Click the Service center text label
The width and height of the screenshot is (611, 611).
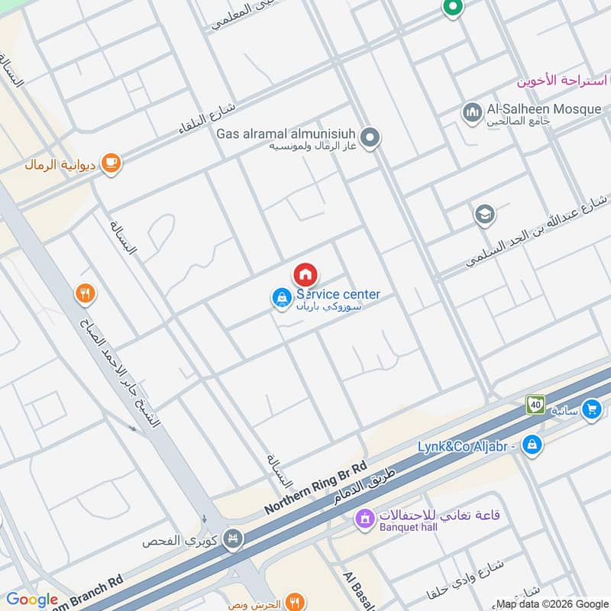tap(338, 294)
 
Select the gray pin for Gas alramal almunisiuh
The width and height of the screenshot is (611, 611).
tap(370, 138)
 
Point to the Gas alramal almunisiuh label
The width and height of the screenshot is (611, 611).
tap(287, 133)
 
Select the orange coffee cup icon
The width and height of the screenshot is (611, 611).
tap(112, 163)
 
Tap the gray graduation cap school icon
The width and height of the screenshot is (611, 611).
tap(484, 215)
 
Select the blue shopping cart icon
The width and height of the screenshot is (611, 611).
tap(590, 410)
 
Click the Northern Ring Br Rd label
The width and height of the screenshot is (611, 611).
tap(316, 487)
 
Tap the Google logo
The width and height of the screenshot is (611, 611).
tap(32, 600)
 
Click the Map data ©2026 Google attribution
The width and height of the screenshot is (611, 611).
tap(552, 603)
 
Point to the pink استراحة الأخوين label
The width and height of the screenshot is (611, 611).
tap(561, 81)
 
